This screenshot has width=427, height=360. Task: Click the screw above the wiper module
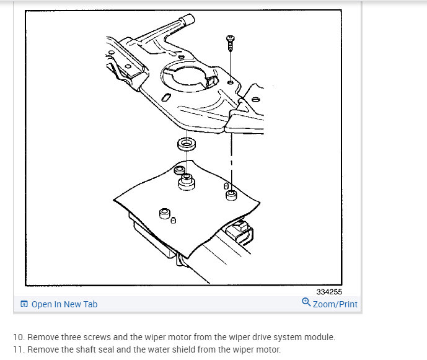(x=231, y=43)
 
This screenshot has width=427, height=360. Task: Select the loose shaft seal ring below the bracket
(x=187, y=144)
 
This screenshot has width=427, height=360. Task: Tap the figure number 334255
(x=329, y=292)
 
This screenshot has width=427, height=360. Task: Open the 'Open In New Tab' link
(x=64, y=304)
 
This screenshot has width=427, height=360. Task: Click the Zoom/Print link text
(x=335, y=304)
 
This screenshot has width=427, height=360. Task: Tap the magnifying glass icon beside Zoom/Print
(x=306, y=302)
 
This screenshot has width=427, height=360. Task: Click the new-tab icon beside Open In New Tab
(x=24, y=304)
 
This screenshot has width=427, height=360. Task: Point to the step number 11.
(x=19, y=349)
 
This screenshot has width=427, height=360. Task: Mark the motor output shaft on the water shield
(x=187, y=182)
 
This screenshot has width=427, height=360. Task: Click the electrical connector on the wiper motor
(x=240, y=231)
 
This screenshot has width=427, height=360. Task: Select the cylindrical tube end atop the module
(x=188, y=19)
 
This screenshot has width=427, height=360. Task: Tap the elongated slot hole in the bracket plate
(x=166, y=97)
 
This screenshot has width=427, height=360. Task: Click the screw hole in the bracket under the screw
(x=231, y=82)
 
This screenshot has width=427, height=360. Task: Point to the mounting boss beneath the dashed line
(x=231, y=195)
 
